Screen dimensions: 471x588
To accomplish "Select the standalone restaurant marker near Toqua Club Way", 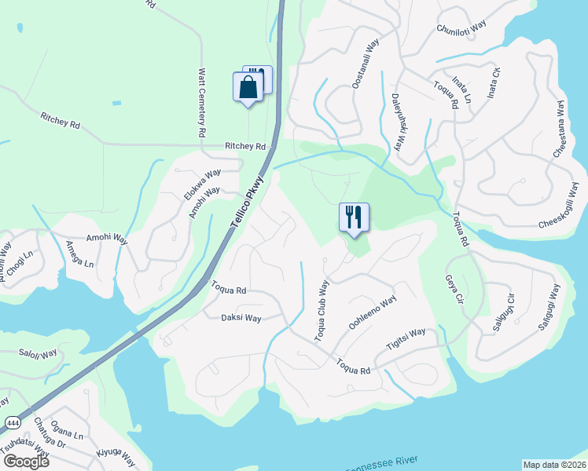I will point(354,217).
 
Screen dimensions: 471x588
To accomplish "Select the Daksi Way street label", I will point(241,318).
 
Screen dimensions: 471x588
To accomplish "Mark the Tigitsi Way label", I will point(406,338).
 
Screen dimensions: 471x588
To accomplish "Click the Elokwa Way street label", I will point(202,184).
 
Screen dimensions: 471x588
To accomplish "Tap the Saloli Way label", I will point(39,354).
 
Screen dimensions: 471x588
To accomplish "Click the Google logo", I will point(27,462).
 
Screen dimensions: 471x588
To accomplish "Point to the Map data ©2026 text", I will point(555,465).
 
